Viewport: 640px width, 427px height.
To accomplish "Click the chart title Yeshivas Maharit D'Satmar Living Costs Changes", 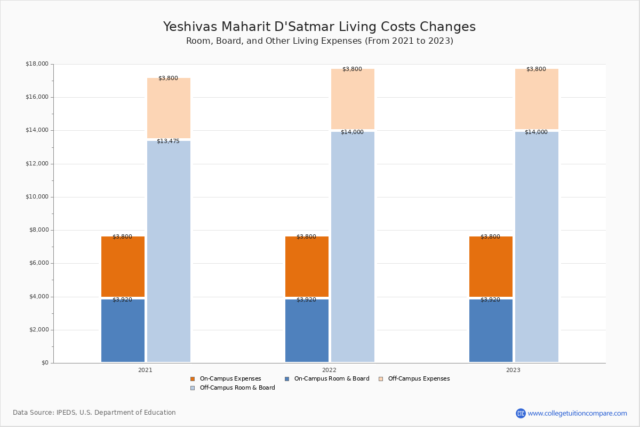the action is click(319, 27).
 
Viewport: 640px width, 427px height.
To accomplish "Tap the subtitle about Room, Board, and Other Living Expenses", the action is click(319, 41).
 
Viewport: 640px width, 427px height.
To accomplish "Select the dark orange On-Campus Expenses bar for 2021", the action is click(123, 266).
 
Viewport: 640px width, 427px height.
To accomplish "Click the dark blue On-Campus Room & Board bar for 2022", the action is click(307, 330).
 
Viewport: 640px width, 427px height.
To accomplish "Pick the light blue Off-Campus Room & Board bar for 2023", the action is click(537, 247).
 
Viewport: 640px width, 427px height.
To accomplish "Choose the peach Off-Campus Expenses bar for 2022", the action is click(353, 99).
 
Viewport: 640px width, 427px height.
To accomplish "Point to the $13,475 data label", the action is click(169, 141).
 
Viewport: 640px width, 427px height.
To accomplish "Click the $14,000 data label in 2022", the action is click(353, 132).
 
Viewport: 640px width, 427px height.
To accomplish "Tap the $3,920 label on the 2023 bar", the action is click(490, 299).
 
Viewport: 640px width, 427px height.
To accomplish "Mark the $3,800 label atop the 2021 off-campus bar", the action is click(169, 78).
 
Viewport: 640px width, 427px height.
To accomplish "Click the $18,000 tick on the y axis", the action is click(37, 64).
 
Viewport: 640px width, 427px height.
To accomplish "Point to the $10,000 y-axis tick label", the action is click(37, 197).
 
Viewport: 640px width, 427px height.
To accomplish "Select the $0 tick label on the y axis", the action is click(45, 362).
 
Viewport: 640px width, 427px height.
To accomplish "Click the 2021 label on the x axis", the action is click(145, 370).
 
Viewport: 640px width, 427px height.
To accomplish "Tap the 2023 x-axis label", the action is click(513, 370).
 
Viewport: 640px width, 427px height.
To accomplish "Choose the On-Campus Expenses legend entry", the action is click(226, 378).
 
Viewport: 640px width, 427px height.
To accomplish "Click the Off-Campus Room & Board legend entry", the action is click(233, 388).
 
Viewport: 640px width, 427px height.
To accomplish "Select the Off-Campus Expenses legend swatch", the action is click(381, 379).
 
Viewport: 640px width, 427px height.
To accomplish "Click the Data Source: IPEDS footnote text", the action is click(94, 413).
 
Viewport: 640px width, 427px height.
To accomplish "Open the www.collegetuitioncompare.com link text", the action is click(578, 413).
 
